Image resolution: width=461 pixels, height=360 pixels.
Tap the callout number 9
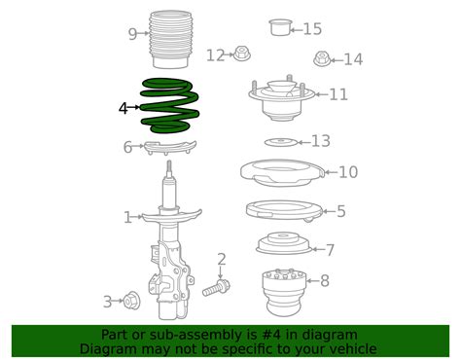tap(132, 35)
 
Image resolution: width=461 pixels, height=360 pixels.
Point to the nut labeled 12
tap(242, 54)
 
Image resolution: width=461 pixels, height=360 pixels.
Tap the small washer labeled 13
tap(281, 142)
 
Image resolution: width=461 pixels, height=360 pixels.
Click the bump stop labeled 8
tap(284, 287)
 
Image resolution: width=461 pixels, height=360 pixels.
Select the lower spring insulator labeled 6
tap(171, 148)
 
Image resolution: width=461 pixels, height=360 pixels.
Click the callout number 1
tap(126, 218)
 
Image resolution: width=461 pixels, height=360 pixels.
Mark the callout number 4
tap(123, 109)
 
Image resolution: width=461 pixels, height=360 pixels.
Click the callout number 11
tap(337, 94)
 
